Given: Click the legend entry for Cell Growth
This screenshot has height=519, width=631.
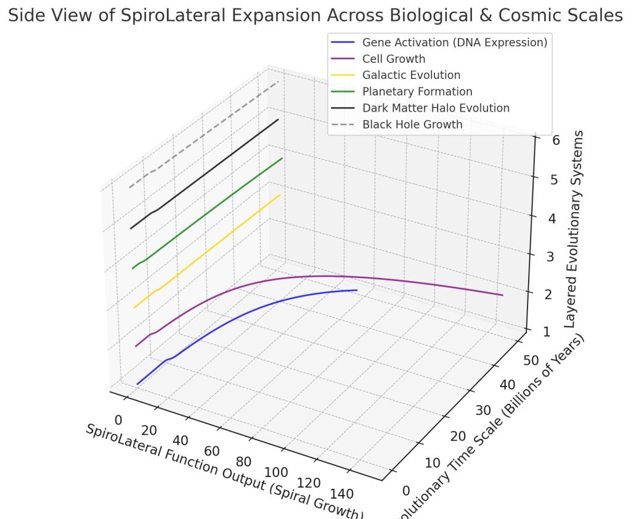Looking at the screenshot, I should pos(393,59).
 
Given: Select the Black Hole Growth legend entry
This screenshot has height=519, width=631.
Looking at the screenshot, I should pos(412,125).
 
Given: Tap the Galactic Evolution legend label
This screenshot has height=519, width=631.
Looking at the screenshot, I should pos(411,75).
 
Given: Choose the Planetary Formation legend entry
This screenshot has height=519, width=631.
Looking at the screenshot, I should pos(417,92).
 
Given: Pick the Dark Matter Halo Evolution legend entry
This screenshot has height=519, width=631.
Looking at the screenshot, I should pos(436,108).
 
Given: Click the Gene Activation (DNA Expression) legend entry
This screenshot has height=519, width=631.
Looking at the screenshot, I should pos(455,43).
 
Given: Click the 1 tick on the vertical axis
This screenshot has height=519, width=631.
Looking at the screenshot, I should pos(540,332).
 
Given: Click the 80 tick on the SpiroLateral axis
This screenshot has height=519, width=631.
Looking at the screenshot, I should pos(245,462).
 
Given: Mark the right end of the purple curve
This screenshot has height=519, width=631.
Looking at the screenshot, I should pos(503,295).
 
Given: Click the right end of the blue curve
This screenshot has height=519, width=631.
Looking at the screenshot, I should pos(357,290).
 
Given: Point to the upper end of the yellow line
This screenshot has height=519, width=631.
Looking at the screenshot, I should pos(280,195).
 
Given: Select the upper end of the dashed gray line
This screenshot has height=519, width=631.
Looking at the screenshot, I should pos(279,81).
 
